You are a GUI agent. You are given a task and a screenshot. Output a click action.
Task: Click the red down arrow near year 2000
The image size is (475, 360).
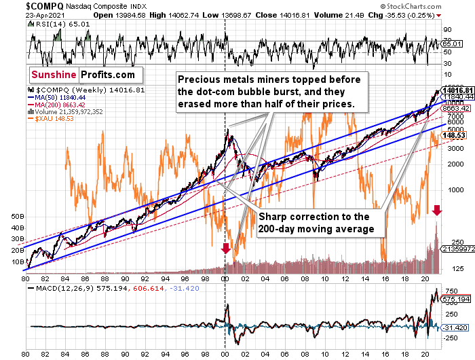point(225,249)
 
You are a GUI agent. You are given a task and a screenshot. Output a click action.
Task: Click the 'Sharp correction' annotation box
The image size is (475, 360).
point(316,223)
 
